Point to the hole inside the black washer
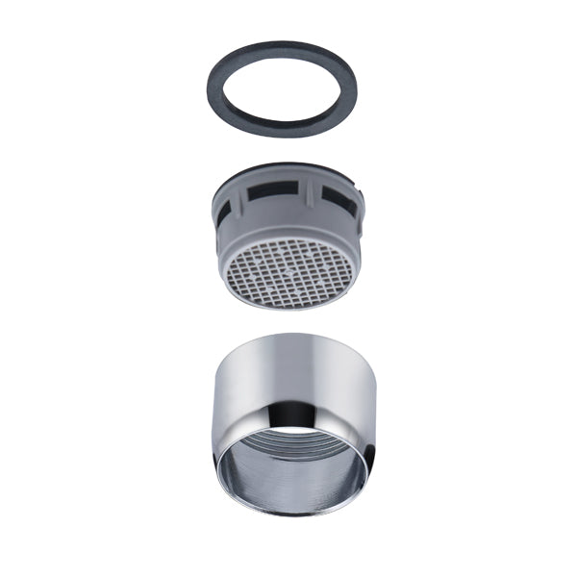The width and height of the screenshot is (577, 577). pos(282,88)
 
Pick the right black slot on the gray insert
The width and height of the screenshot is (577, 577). pos(338,198)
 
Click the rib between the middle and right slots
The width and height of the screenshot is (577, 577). pos(314,195)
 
